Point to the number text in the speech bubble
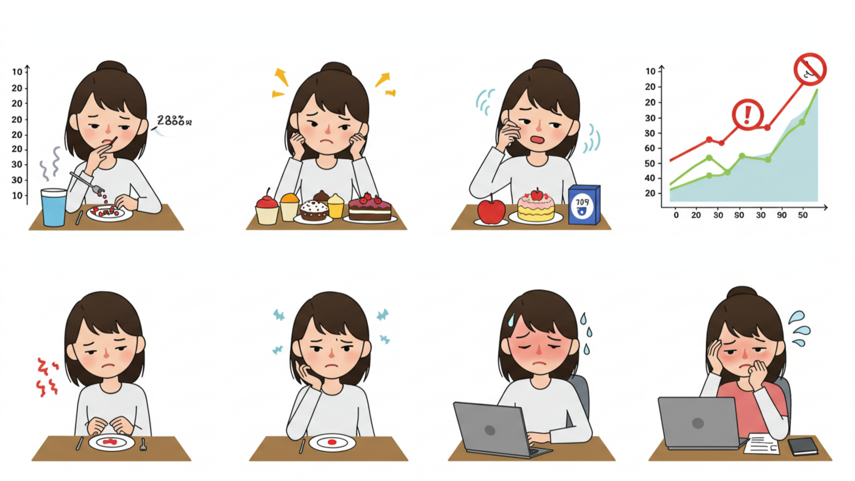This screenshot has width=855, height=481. (174, 120)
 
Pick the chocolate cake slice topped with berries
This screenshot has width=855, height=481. (369, 209)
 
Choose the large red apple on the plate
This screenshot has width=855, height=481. (491, 211)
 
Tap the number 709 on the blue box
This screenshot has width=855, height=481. (582, 202)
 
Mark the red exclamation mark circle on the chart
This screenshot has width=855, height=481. (748, 115)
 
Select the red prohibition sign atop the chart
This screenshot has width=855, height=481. (810, 69)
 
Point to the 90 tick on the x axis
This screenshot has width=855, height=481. (782, 215)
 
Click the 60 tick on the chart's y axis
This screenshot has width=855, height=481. (650, 148)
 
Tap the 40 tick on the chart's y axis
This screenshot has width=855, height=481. (650, 178)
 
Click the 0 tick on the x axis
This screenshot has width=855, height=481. (676, 215)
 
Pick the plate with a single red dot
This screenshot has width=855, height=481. (332, 443)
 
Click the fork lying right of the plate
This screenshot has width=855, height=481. (143, 445)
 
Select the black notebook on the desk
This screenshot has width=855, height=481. (803, 446)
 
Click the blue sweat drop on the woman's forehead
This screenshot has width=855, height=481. (511, 320)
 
